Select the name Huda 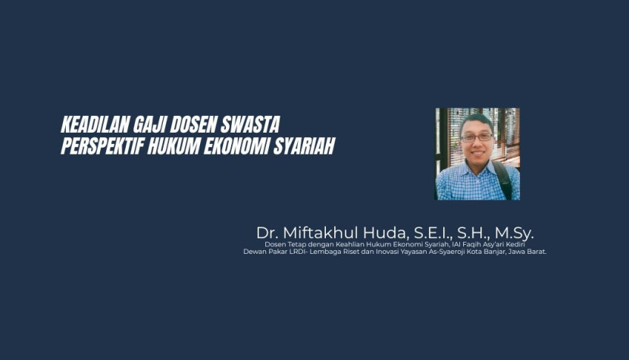coord(386,233)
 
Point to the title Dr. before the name coord(268,233)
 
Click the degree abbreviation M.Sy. coord(515,233)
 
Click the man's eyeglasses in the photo coord(477,137)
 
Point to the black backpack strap coord(503,179)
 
